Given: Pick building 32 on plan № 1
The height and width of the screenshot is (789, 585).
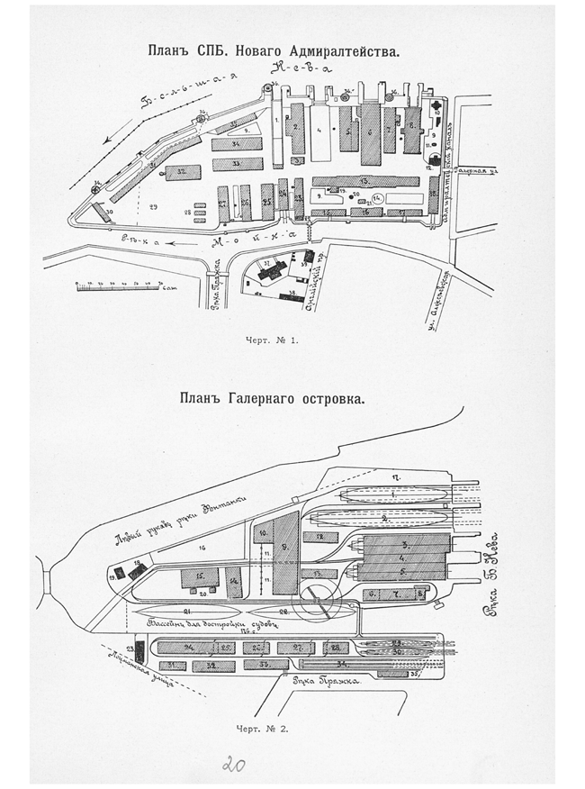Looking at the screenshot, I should point(181,170).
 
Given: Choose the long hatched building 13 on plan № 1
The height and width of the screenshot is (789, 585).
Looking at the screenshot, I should point(364,180).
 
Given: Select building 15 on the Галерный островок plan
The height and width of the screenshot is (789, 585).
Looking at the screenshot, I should point(199,576).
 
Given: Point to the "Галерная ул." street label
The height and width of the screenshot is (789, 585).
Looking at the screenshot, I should point(477,170).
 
